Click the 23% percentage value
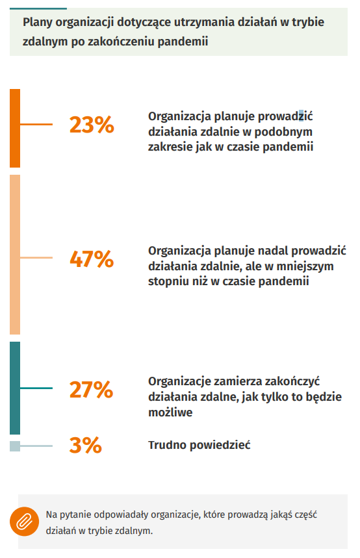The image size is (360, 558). point(92,125)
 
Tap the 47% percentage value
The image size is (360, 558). point(92,259)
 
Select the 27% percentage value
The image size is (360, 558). point(91,389)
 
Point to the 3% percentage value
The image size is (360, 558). point(86,445)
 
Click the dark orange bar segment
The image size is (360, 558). point(15,128)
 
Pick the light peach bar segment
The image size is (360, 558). point(15,255)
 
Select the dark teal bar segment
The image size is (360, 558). point(15,388)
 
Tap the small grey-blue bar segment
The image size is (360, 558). point(15,446)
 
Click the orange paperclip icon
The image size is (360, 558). point(24,522)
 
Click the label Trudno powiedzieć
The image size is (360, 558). point(199,445)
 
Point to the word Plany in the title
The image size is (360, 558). point(38,23)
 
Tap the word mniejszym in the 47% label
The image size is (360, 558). point(305,266)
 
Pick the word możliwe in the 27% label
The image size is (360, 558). point(170,412)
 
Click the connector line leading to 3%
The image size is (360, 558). point(36,446)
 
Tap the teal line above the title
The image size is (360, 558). point(38,8)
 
